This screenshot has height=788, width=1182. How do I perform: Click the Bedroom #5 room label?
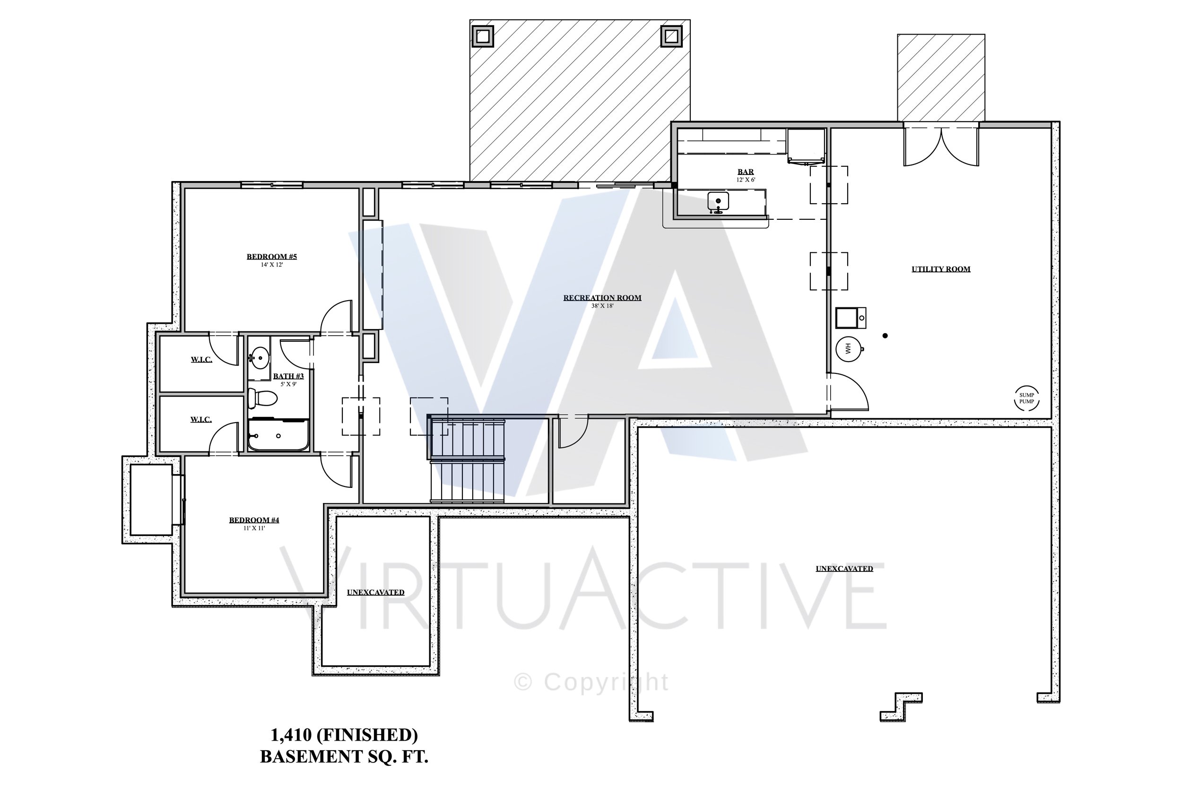click(x=271, y=257)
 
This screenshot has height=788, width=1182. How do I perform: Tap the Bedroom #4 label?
click(x=254, y=520)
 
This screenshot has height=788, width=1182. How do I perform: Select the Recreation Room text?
click(x=602, y=297)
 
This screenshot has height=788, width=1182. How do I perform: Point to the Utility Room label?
click(x=941, y=269)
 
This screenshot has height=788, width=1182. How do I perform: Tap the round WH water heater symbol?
click(x=848, y=348)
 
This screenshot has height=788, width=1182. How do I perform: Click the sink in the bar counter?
click(x=718, y=201)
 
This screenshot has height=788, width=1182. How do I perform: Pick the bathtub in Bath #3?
click(x=278, y=435)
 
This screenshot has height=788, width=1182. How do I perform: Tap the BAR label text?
click(x=745, y=172)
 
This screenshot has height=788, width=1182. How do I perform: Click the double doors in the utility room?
click(x=941, y=147)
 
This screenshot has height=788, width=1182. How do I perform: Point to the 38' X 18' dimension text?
click(x=602, y=306)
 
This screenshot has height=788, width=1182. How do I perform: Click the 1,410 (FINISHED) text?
click(x=344, y=735)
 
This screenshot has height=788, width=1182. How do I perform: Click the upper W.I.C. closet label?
click(x=201, y=360)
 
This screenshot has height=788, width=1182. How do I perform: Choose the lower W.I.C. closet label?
click(x=201, y=420)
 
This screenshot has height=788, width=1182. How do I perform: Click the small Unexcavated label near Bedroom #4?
click(x=375, y=592)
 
